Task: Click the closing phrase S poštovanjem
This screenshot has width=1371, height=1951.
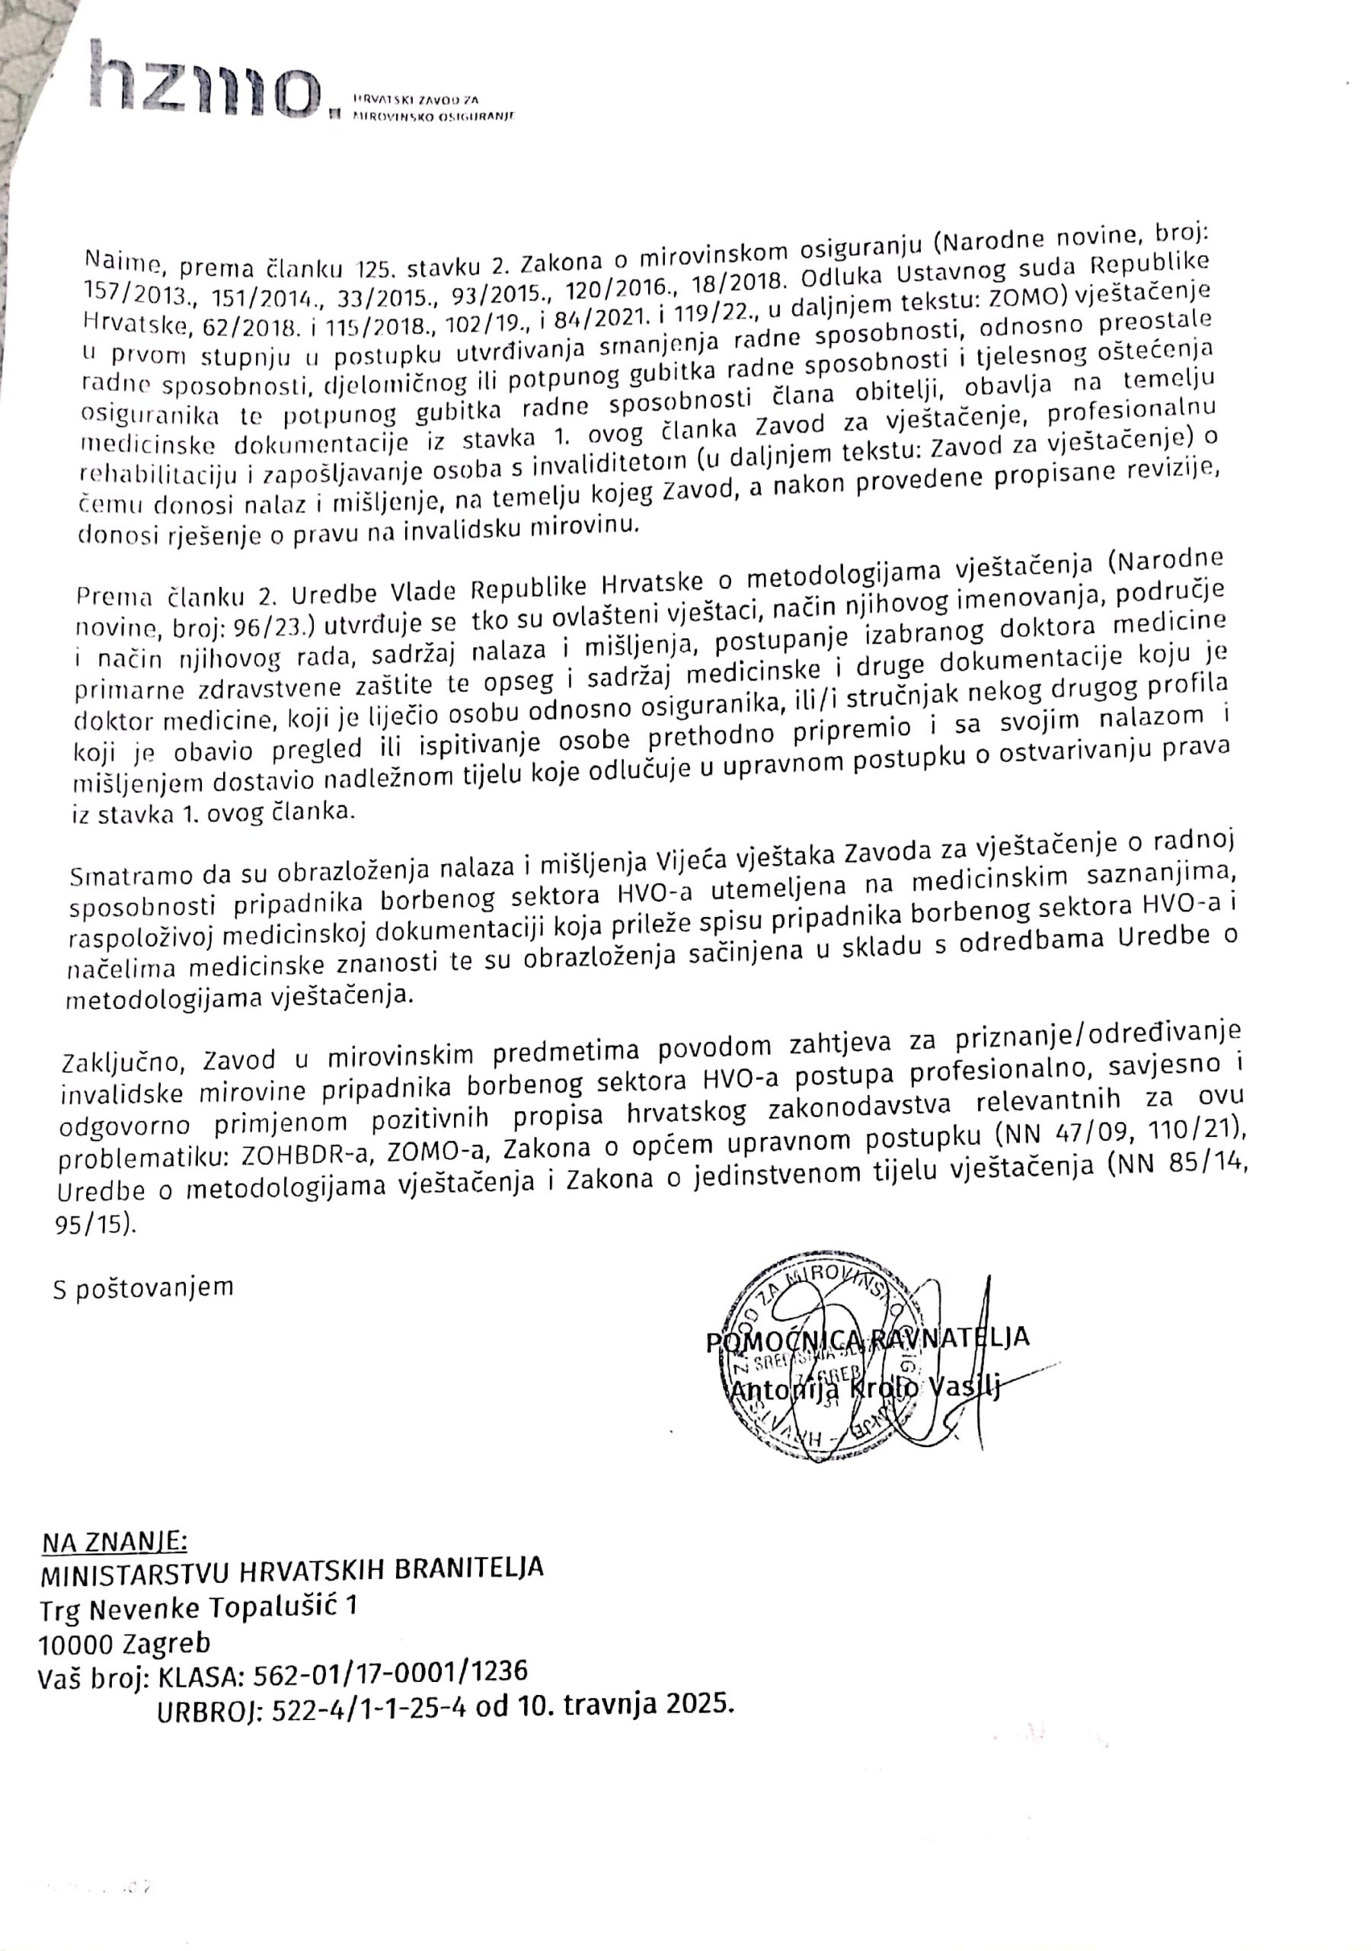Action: coord(142,1288)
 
